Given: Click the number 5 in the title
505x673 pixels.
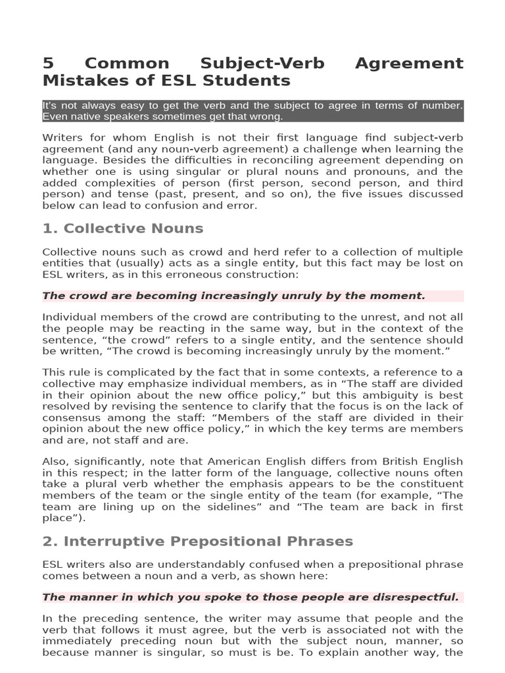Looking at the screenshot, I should [x=48, y=64].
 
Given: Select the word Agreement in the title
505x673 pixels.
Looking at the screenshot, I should [x=409, y=64].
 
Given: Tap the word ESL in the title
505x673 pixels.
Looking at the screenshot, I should [x=204, y=81].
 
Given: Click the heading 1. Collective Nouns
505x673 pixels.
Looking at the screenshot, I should [x=123, y=229].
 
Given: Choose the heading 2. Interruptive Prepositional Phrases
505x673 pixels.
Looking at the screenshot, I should [x=198, y=542].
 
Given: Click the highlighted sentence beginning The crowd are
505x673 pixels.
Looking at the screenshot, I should [x=233, y=296].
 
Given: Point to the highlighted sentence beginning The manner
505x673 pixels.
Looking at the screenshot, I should [x=251, y=597].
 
